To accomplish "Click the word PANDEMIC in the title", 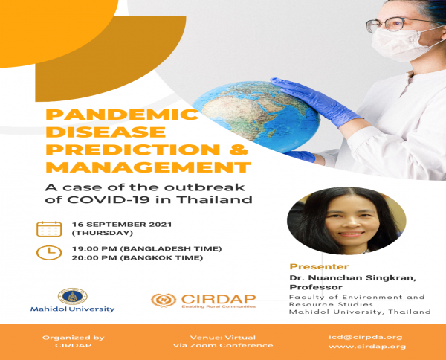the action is (x=122, y=115).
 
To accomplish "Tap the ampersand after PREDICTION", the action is (x=239, y=150).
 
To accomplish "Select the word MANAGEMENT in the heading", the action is (x=149, y=167).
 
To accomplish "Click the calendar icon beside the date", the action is (x=49, y=229).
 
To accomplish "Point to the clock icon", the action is (x=49, y=252).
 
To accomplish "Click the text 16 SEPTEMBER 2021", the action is (x=122, y=224).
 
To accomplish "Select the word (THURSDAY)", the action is (x=103, y=233).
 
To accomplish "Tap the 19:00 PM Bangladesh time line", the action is (x=146, y=248).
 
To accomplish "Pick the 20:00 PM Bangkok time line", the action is (x=137, y=258).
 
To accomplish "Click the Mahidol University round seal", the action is (x=73, y=296).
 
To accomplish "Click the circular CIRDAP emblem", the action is (x=164, y=300).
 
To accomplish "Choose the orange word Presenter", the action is (x=319, y=267).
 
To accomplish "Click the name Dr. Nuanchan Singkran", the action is (x=352, y=277).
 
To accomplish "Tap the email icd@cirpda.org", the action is (x=366, y=337).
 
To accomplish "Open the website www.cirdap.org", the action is (x=367, y=347).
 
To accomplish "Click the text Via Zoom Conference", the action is (x=223, y=345).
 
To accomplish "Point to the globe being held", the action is (x=256, y=116).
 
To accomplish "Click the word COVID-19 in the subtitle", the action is (x=109, y=199).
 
